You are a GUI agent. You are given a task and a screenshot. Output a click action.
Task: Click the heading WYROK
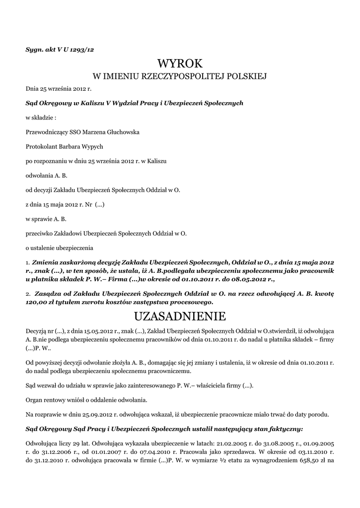tap(180, 64)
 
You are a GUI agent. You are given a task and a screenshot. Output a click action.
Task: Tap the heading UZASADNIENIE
tap(180, 316)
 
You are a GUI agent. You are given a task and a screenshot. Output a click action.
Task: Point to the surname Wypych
tap(91, 147)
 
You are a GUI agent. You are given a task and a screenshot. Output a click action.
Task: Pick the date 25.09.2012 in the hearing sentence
tap(82, 414)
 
